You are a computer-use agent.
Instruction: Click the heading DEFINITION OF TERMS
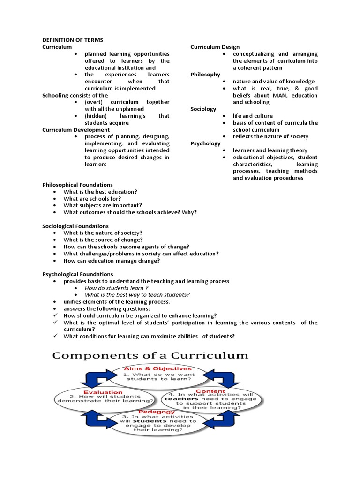73,40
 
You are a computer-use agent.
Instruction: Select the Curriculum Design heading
215,47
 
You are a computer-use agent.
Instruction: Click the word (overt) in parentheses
94,102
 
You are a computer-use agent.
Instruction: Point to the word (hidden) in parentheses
96,116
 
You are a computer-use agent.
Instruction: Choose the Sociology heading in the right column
203,109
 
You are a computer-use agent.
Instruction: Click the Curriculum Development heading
76,129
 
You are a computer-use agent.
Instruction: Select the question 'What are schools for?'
92,198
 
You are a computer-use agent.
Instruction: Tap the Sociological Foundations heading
75,226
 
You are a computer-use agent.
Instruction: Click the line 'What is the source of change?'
103,240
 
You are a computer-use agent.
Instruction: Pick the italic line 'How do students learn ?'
116,288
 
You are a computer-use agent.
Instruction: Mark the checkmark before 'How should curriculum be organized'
55,315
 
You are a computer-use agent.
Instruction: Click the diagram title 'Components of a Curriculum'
150,355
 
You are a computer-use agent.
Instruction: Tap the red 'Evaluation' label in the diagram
103,392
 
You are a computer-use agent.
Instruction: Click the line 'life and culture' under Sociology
253,116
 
